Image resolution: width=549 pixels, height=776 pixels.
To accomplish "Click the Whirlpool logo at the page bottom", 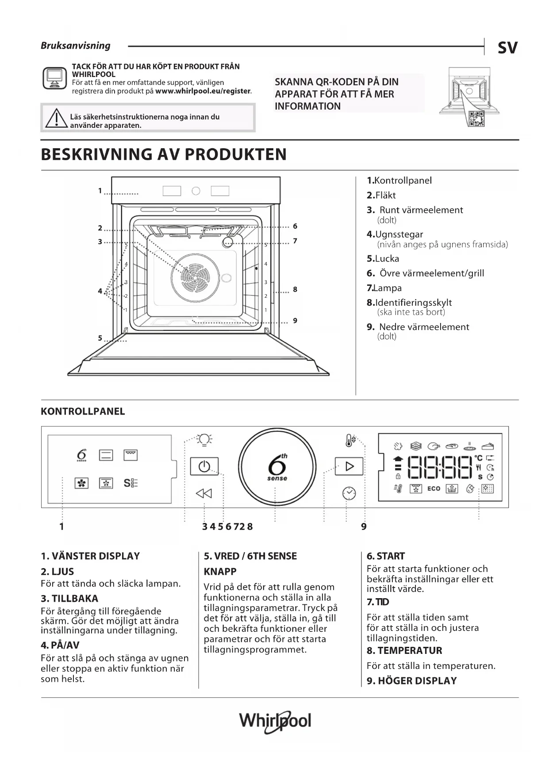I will (x=275, y=722).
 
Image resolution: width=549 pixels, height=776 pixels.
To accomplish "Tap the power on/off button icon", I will (x=204, y=466).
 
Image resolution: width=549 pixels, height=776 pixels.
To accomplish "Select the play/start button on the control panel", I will (x=349, y=466).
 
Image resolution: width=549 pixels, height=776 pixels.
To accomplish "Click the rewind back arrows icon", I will (x=204, y=493).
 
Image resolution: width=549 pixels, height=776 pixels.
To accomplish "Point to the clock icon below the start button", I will (x=349, y=493).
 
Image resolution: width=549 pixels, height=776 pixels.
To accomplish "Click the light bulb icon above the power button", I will (x=204, y=439).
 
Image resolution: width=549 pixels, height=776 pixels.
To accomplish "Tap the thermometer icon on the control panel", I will (x=350, y=440).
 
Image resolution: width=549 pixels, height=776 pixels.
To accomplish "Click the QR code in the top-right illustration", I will (x=476, y=119).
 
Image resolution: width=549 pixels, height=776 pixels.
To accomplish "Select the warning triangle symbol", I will (x=56, y=119).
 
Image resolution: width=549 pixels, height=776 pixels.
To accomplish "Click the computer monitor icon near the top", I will (x=54, y=78).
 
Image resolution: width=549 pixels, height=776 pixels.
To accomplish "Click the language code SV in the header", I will (x=507, y=47).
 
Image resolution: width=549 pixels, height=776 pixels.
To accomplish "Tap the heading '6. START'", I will (x=385, y=556).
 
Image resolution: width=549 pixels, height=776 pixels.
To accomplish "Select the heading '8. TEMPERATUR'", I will (x=404, y=650).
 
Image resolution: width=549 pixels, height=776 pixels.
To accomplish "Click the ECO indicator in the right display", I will (x=434, y=488).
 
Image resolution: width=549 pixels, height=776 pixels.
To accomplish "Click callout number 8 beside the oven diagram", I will (x=295, y=289).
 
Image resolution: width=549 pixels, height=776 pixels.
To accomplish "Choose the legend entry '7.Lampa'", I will (x=384, y=288).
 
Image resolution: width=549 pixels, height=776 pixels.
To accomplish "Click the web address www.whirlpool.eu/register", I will (x=203, y=91).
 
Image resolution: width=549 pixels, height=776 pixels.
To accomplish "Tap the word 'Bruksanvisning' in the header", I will (x=76, y=46).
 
